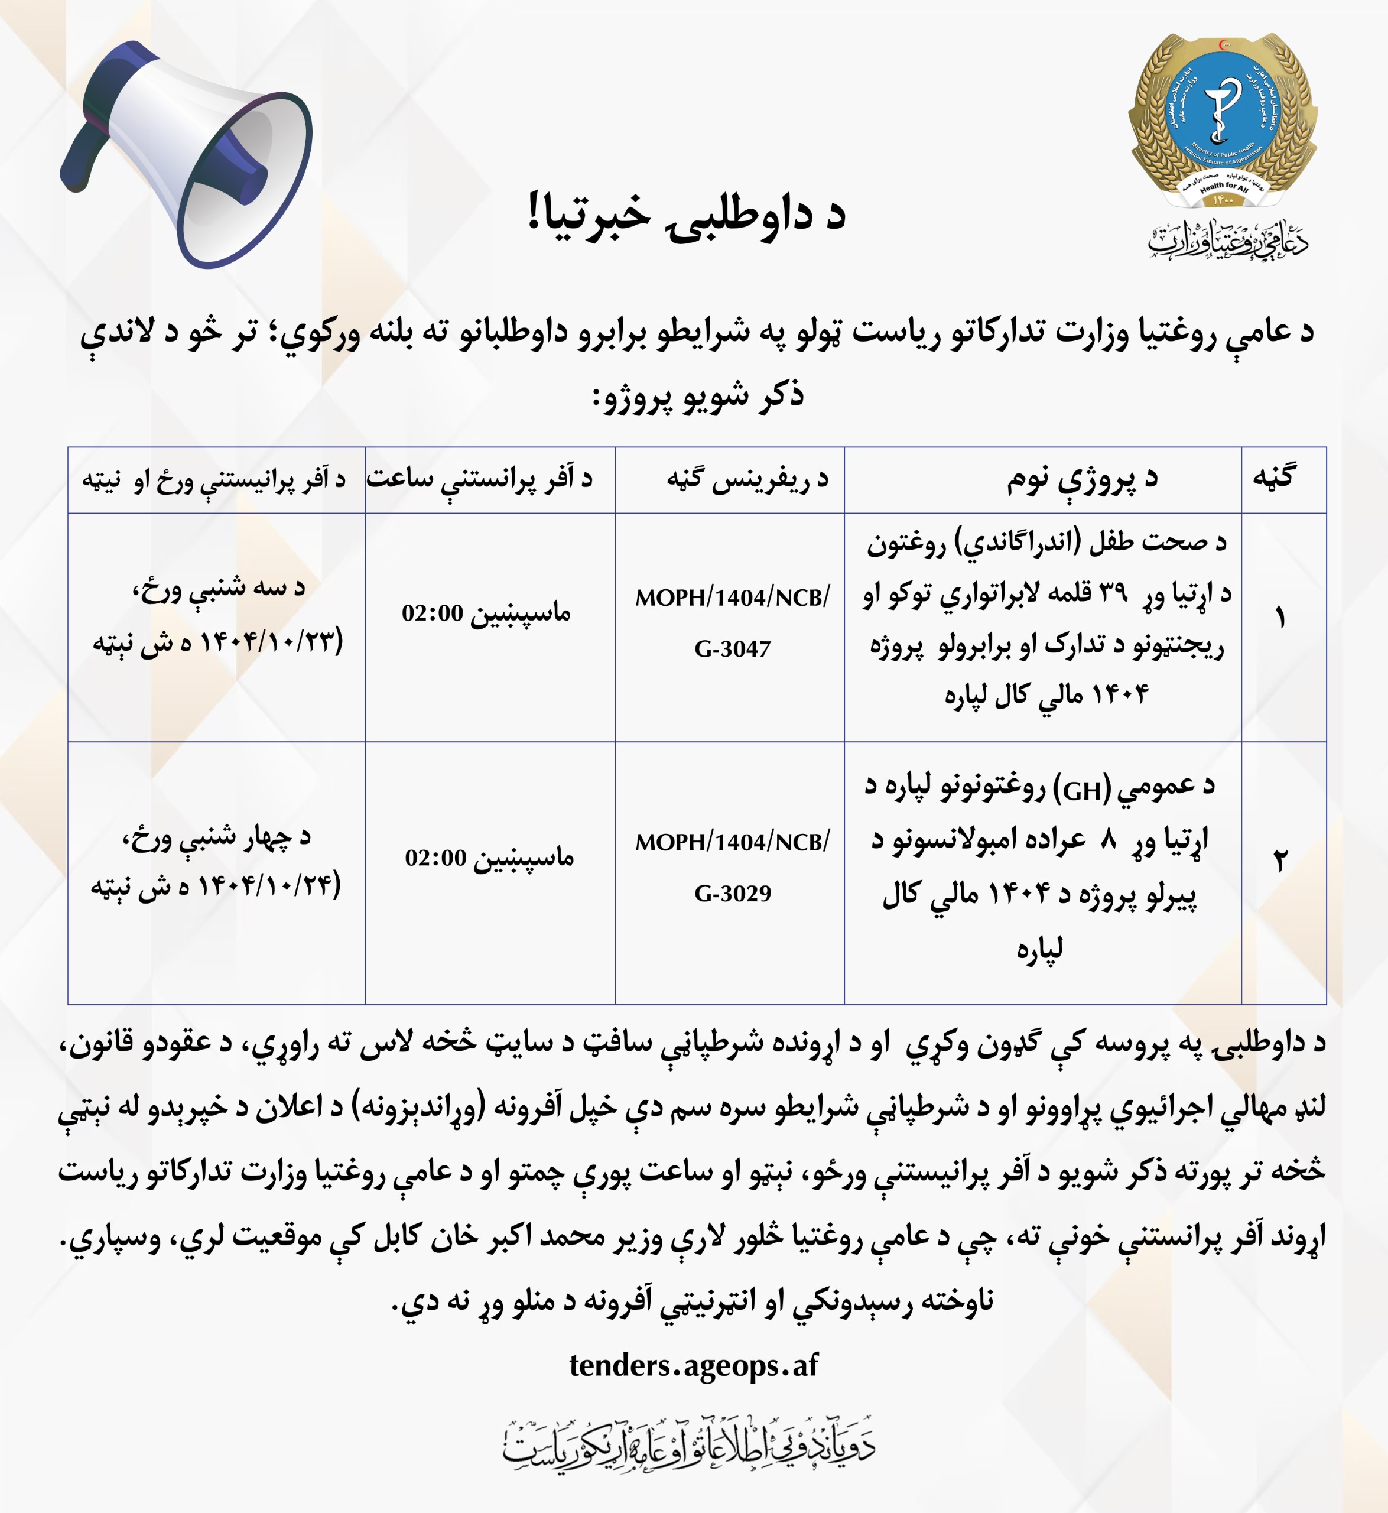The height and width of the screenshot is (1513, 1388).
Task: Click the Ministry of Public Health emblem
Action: click(1223, 120)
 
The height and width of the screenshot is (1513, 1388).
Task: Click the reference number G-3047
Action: click(732, 648)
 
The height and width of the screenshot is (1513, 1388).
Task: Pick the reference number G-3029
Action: click(732, 893)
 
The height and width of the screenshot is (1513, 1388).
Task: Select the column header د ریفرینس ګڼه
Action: click(747, 479)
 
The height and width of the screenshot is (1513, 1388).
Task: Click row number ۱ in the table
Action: click(1280, 618)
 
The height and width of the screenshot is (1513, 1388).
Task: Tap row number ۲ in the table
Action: click(1280, 860)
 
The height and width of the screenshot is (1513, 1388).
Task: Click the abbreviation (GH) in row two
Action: click(1083, 790)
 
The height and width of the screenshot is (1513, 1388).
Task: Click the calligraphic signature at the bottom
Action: click(689, 1446)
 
